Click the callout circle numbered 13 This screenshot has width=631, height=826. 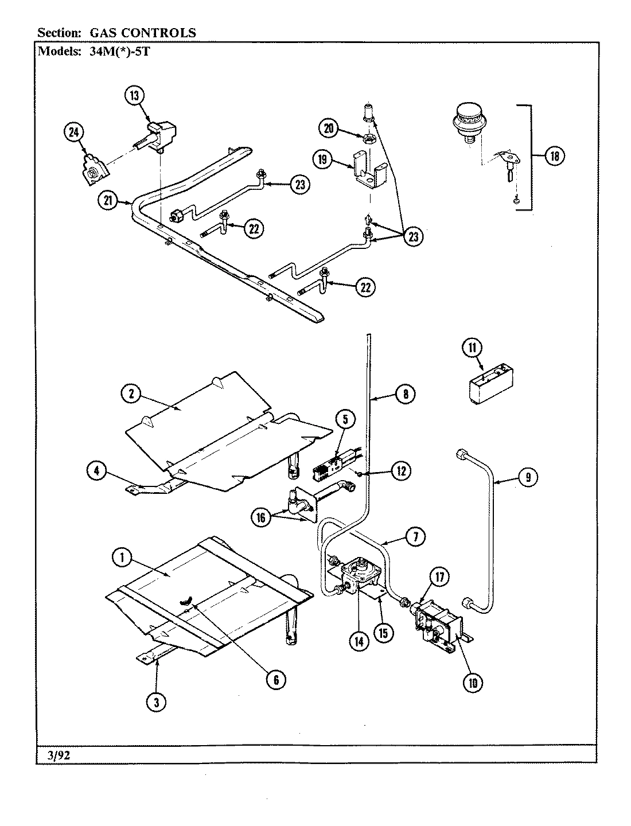135,96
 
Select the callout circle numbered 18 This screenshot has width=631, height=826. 554,156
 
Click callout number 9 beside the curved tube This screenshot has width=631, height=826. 528,476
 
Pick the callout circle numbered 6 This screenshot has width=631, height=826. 275,679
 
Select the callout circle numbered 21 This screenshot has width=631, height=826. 108,201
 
